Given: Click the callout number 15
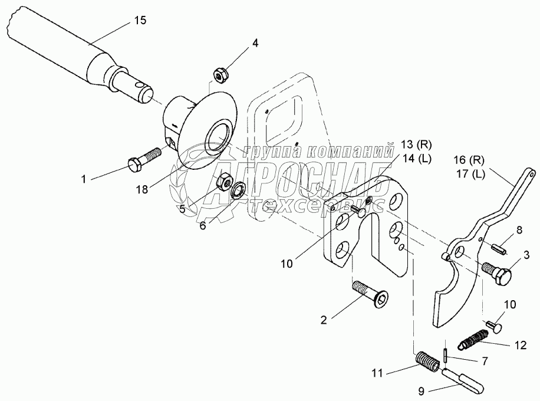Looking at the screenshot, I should click(x=140, y=21).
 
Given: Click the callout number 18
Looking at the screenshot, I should click(x=141, y=189).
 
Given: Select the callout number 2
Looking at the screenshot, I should click(x=324, y=320).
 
